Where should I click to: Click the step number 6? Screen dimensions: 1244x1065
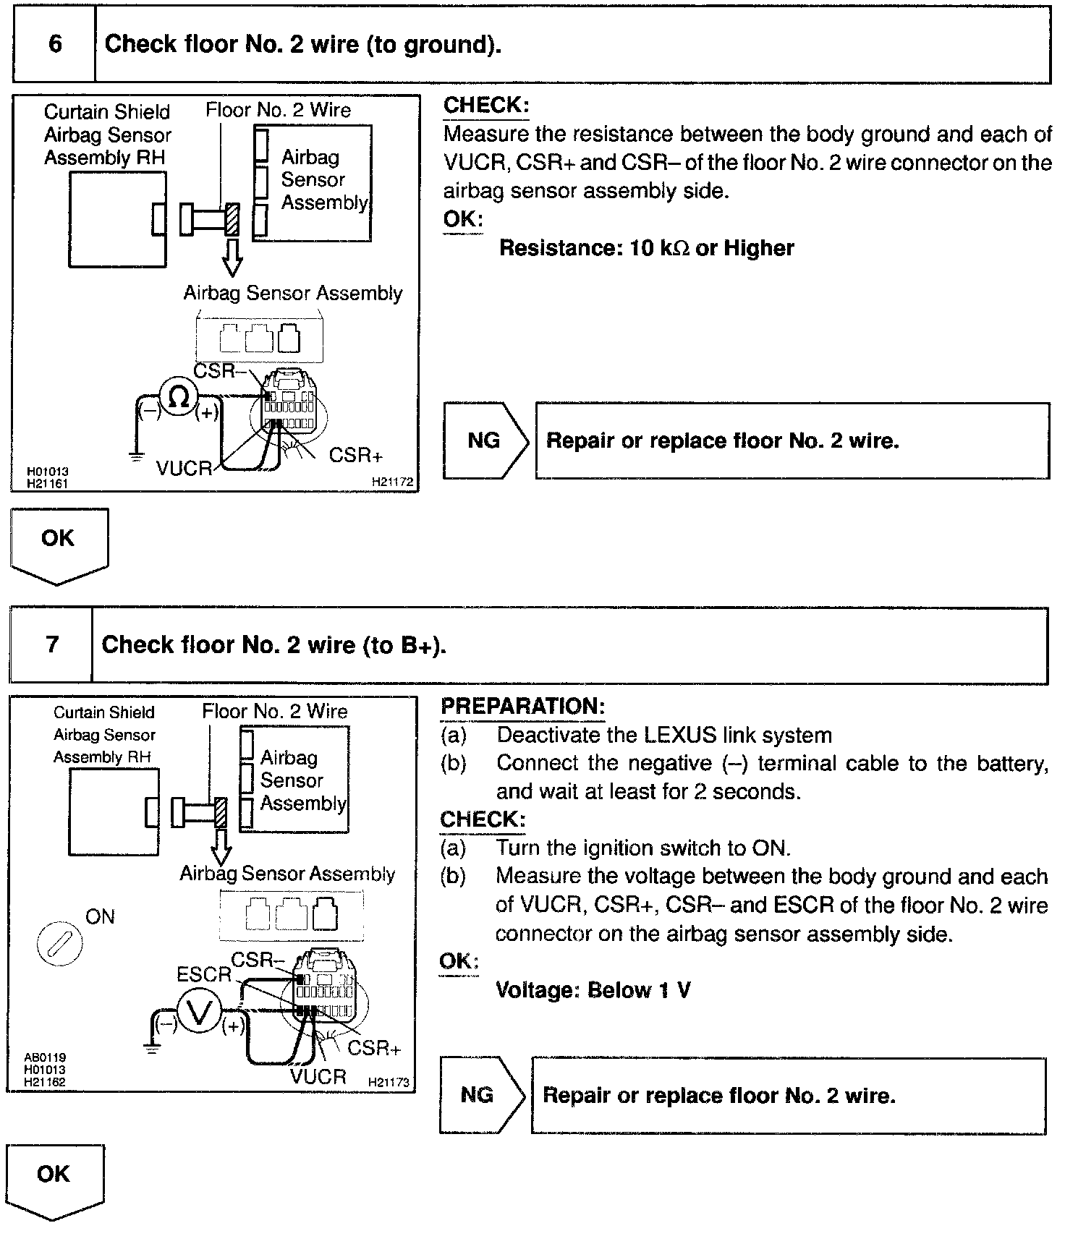pos(55,44)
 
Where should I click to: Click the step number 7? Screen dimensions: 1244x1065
pos(52,644)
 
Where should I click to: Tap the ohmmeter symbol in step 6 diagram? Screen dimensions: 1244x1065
pos(178,397)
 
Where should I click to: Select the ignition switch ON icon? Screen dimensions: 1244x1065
pos(59,944)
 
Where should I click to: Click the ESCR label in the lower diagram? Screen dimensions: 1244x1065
pos(203,974)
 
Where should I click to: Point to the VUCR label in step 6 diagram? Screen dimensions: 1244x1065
pos(184,468)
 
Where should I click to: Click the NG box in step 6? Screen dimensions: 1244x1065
pos(484,440)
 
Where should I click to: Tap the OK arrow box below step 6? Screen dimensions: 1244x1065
pos(59,542)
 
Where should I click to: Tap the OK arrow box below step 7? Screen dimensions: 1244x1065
pos(55,1178)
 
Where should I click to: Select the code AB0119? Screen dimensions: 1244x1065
pos(45,1057)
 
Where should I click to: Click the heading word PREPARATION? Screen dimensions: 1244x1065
pos(522,707)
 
